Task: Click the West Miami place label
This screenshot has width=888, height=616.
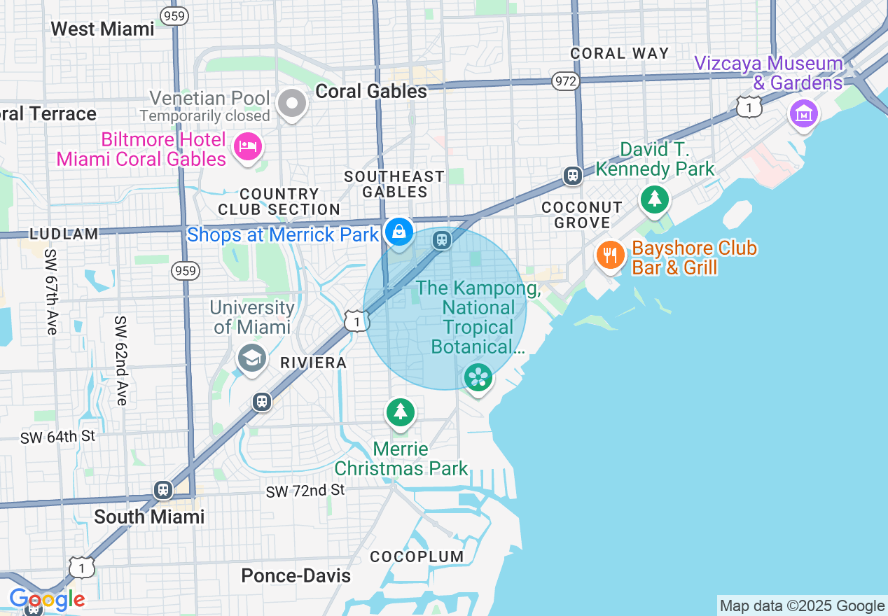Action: point(102,29)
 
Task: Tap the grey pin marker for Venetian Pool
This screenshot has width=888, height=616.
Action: point(292,104)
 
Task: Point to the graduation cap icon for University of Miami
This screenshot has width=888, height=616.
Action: point(251,358)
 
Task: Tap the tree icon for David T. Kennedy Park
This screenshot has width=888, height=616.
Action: point(655,199)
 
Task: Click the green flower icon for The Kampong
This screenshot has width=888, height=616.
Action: point(478,378)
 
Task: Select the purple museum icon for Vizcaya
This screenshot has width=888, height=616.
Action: point(803,113)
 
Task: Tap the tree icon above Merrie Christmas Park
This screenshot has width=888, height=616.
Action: point(400,412)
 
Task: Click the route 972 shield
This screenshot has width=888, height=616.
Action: point(565,81)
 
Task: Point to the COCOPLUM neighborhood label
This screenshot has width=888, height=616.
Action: point(417,556)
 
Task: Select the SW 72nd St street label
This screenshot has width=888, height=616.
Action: point(305,491)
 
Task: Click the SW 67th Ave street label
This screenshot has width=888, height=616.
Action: point(50,291)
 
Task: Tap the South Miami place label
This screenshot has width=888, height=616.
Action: point(149,517)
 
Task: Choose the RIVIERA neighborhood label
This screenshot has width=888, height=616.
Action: point(313,363)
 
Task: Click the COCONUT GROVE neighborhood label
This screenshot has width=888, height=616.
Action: point(581,215)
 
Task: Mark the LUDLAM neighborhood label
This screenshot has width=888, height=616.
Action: point(64,234)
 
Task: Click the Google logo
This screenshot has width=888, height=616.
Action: point(47,599)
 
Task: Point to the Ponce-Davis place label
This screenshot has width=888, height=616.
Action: point(296,575)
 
